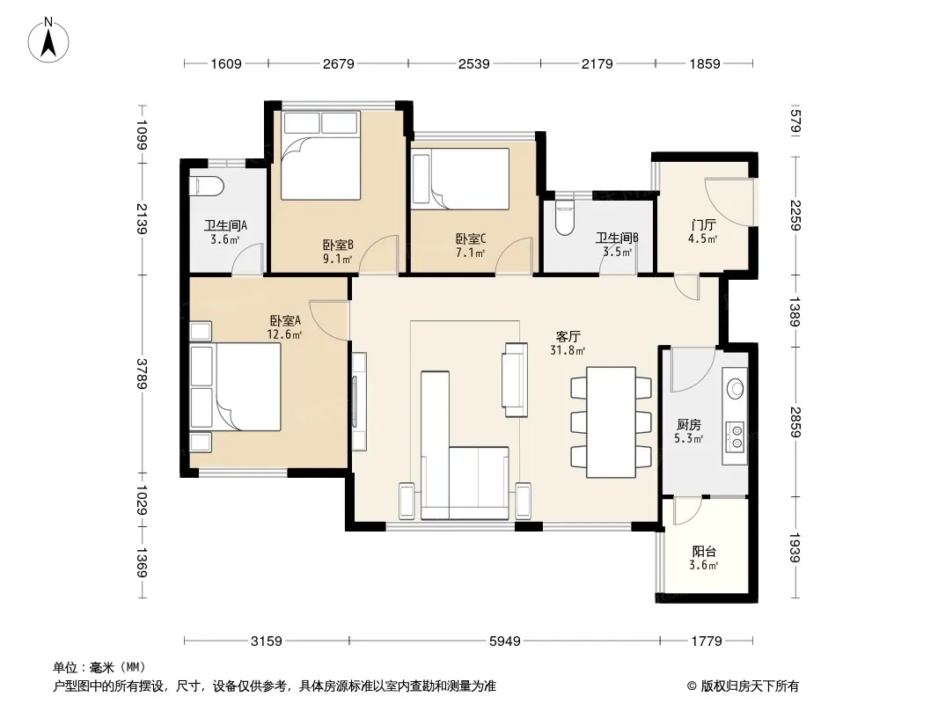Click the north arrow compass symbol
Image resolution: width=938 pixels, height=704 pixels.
(x=48, y=40)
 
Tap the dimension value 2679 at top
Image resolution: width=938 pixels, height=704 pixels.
(x=339, y=63)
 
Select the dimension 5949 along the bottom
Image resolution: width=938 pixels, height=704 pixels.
(x=505, y=642)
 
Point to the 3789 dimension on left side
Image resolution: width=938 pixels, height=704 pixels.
(x=142, y=374)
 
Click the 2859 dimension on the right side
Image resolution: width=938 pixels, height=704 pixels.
(x=795, y=422)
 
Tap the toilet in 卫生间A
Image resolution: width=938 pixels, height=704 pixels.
(x=206, y=186)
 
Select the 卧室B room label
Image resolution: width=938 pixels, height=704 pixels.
(x=338, y=245)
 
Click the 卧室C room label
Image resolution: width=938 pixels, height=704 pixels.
(x=471, y=238)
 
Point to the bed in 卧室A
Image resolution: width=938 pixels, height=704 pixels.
(x=235, y=386)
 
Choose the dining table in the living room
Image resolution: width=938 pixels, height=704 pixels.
(x=611, y=422)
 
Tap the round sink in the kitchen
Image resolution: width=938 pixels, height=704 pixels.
(x=736, y=389)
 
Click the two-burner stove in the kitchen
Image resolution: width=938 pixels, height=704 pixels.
(x=736, y=436)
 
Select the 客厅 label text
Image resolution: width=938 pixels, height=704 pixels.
(x=568, y=337)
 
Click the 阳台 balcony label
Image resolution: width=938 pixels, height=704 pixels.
(x=704, y=552)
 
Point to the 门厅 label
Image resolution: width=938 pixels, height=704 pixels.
(x=703, y=225)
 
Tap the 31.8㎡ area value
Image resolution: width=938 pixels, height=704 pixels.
(x=567, y=350)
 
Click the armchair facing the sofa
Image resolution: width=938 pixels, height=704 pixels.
(x=515, y=379)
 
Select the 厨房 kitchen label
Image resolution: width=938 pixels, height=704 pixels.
(x=689, y=425)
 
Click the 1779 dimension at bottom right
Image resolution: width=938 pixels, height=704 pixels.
(x=707, y=642)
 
